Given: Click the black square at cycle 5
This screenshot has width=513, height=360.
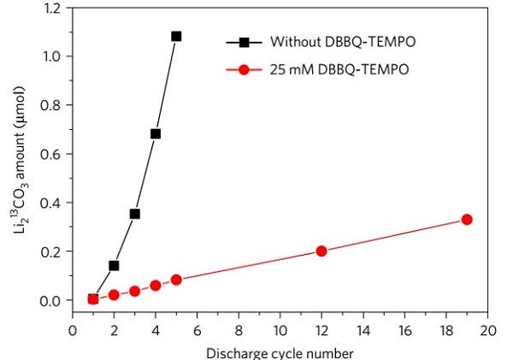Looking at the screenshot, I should (176, 36).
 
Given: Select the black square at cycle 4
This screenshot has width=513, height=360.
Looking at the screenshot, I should (156, 133).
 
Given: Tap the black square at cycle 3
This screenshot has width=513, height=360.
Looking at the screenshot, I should (134, 214).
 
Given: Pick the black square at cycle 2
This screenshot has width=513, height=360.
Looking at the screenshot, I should (114, 265).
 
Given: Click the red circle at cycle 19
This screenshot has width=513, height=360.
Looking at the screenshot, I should (467, 220).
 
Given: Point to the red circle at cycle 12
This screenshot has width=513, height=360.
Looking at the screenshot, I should (321, 251).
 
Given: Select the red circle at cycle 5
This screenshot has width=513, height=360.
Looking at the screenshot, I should (176, 280).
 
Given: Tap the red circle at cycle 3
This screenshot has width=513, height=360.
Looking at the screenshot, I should (134, 291).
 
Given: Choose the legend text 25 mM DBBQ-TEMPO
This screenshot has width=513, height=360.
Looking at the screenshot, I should (322, 69).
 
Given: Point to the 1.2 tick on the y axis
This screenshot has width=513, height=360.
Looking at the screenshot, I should (53, 8).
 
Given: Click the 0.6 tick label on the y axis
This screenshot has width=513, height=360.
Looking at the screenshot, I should (53, 154).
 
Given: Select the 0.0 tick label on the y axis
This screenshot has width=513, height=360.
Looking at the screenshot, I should (53, 300).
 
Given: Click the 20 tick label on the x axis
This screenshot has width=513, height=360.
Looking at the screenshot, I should (487, 330).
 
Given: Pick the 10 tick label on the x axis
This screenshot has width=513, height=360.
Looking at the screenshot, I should (280, 330).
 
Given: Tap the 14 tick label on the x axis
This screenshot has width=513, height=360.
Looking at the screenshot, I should (363, 330).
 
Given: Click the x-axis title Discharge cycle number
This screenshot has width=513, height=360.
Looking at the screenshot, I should (280, 351).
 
